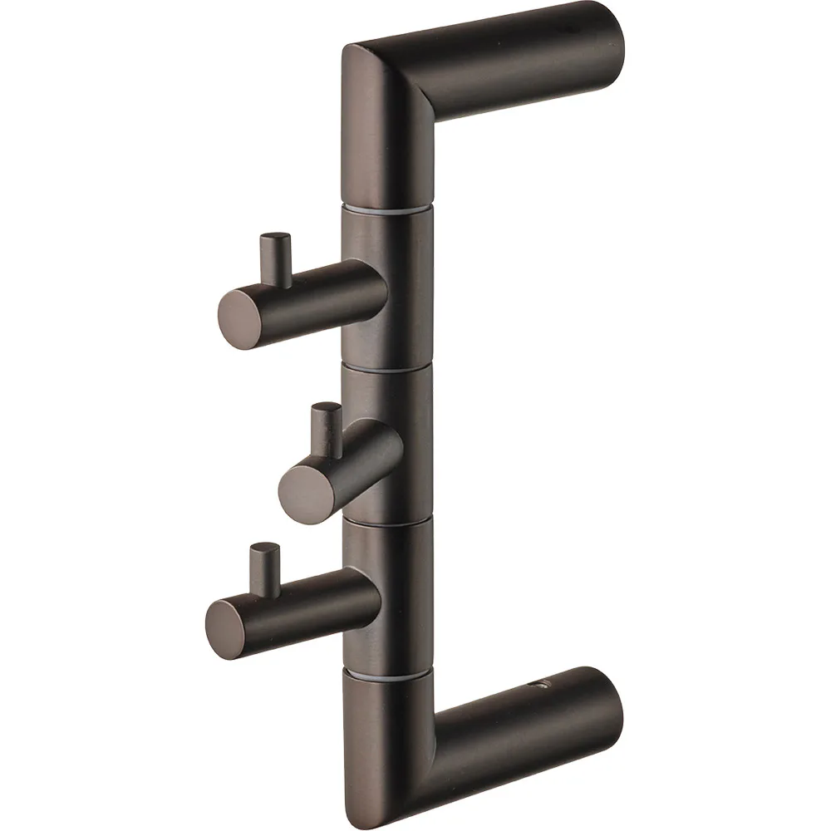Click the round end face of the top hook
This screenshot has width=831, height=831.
241,312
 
